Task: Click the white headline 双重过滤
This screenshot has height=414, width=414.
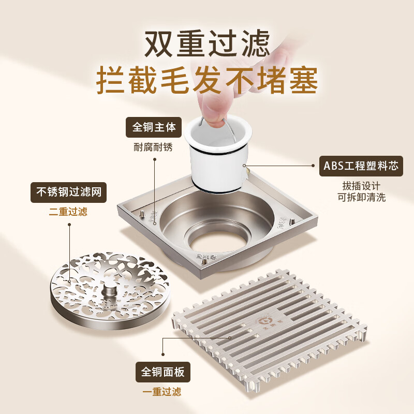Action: click(x=207, y=44)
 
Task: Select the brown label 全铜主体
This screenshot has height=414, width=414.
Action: click(x=154, y=127)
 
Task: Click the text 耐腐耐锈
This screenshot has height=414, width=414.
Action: click(x=154, y=147)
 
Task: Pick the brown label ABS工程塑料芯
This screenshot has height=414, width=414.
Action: click(x=361, y=166)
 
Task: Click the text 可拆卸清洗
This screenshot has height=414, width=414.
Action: click(x=361, y=197)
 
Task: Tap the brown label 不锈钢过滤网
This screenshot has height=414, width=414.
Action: click(x=68, y=193)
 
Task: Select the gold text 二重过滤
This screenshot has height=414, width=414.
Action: click(x=68, y=212)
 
